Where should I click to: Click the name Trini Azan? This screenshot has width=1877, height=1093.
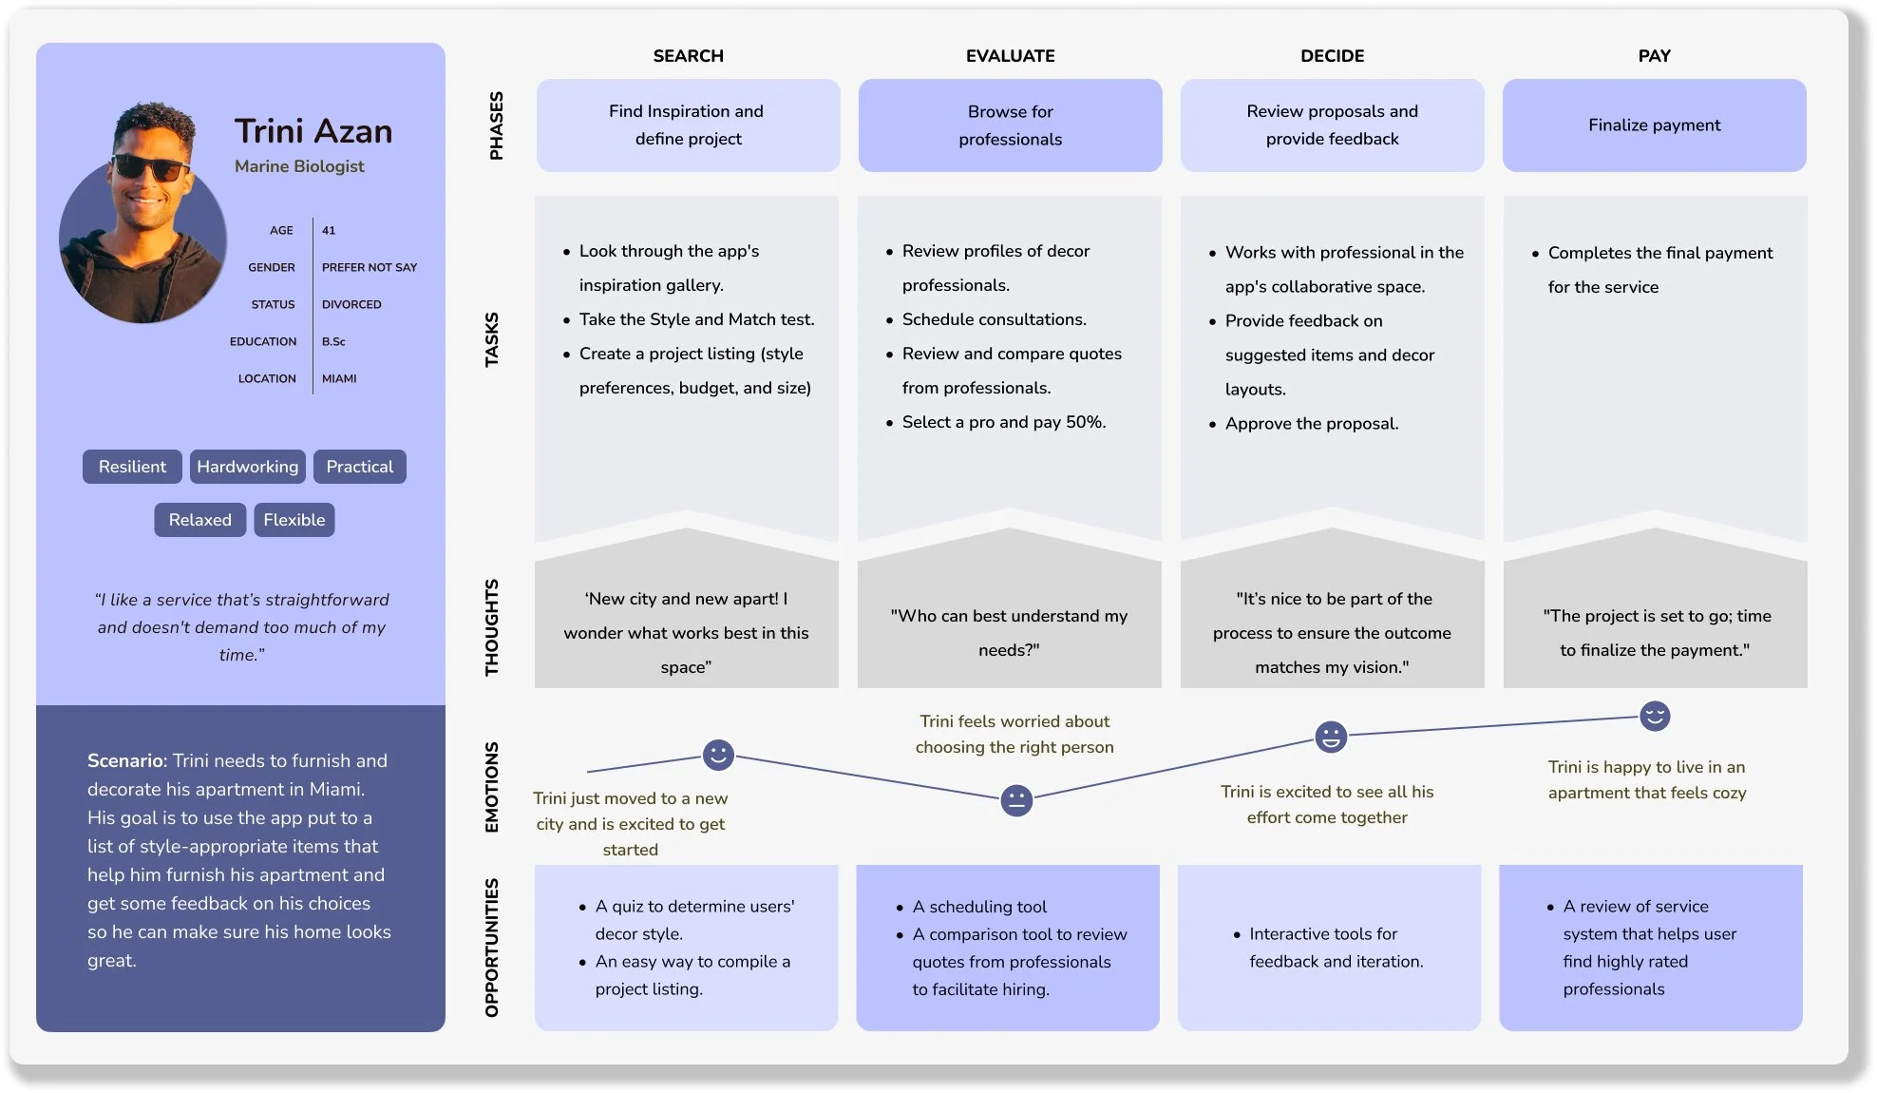313,131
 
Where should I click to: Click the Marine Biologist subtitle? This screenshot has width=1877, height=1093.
299,166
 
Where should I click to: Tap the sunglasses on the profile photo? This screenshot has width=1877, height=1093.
149,169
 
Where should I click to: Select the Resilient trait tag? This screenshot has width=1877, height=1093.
132,467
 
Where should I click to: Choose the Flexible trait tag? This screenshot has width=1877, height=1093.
294,520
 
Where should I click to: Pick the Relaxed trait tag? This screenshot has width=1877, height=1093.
199,520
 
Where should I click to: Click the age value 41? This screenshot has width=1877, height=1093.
329,230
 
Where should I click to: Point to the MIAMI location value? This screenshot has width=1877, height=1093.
339,378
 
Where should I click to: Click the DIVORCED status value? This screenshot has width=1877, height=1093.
351,304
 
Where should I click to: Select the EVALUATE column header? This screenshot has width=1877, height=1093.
1010,56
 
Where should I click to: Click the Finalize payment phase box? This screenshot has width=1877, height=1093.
1654,125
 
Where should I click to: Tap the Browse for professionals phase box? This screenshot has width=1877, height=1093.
1010,125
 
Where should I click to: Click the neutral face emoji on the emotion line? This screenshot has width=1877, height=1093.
1016,800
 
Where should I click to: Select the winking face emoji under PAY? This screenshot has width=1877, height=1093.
1655,716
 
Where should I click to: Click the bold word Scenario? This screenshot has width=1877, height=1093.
125,760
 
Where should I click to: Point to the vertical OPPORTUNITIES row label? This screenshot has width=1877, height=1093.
492,948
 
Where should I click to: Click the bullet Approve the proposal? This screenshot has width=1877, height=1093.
1311,424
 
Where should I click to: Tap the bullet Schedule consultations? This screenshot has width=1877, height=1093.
994,319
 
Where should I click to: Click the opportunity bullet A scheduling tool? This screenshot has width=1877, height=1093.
979,907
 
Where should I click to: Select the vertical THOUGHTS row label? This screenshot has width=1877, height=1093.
492,627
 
